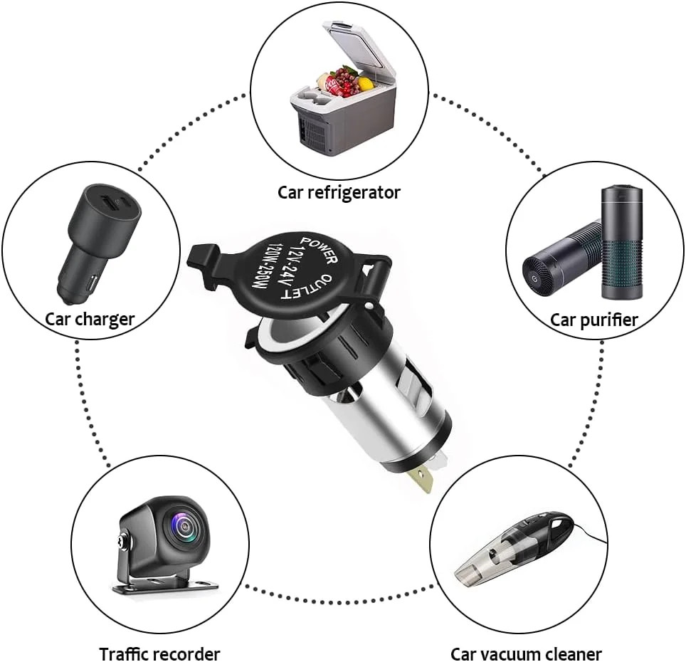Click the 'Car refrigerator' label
[339, 192]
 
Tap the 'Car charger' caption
[90, 318]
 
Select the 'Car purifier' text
[594, 320]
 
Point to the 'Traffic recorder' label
[159, 653]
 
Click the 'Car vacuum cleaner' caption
[526, 653]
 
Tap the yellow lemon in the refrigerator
[366, 84]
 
